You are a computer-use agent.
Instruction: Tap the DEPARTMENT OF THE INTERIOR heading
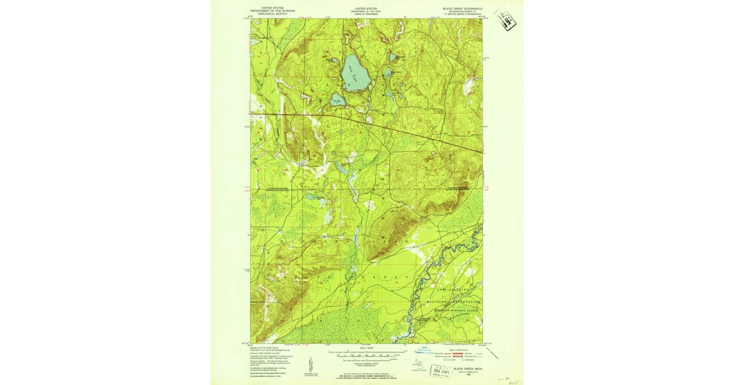[273, 10]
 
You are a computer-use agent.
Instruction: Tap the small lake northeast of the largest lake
[392, 57]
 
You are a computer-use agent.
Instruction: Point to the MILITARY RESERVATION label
[453, 302]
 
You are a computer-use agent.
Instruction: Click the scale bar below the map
[366, 354]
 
